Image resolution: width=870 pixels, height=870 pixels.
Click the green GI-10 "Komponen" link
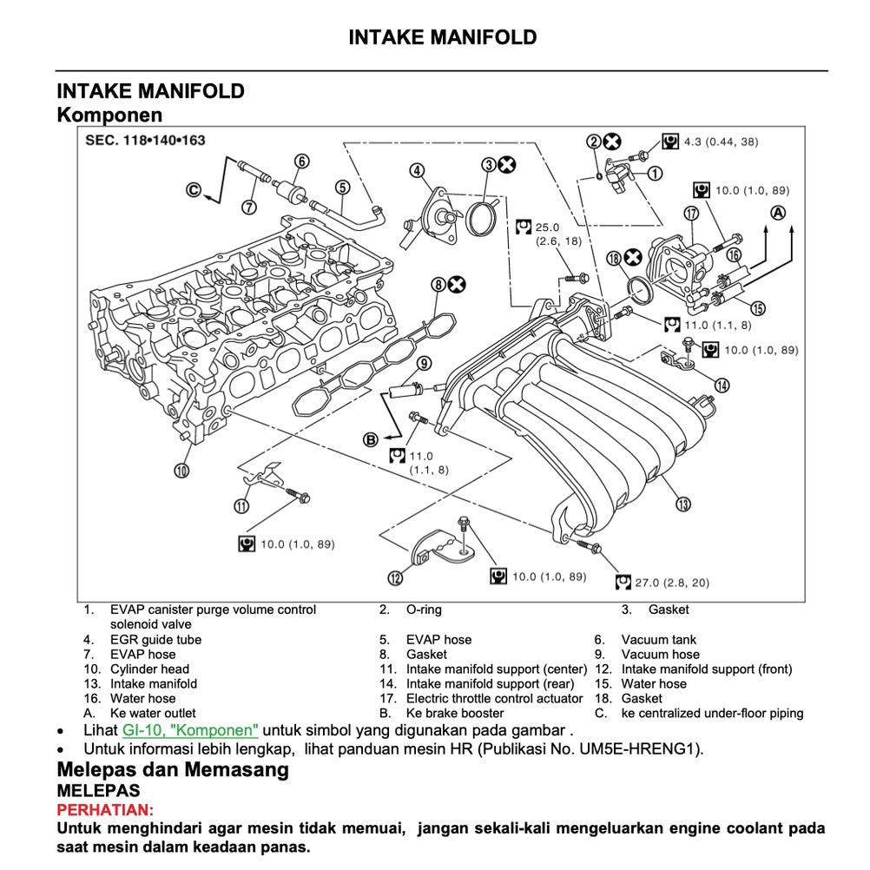190,729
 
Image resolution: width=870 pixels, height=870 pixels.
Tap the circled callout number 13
683,504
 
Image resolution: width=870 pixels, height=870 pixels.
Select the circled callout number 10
181,471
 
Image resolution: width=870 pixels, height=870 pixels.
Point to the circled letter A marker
779,212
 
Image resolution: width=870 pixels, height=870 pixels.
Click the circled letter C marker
194,188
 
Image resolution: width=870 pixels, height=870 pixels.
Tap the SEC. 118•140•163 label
145,140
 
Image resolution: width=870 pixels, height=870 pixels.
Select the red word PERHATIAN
104,809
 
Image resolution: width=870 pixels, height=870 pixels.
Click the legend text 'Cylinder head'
149,669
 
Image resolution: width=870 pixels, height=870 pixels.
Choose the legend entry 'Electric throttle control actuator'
494,699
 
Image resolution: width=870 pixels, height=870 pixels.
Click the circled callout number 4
418,170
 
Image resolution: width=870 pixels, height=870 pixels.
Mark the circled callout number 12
396,577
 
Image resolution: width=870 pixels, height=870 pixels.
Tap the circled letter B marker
371,439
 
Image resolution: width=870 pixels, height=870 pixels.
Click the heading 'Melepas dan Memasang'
173,769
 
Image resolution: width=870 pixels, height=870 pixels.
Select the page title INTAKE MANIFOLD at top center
442,37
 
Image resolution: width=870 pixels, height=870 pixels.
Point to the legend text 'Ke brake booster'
454,714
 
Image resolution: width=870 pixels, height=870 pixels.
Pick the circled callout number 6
301,161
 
